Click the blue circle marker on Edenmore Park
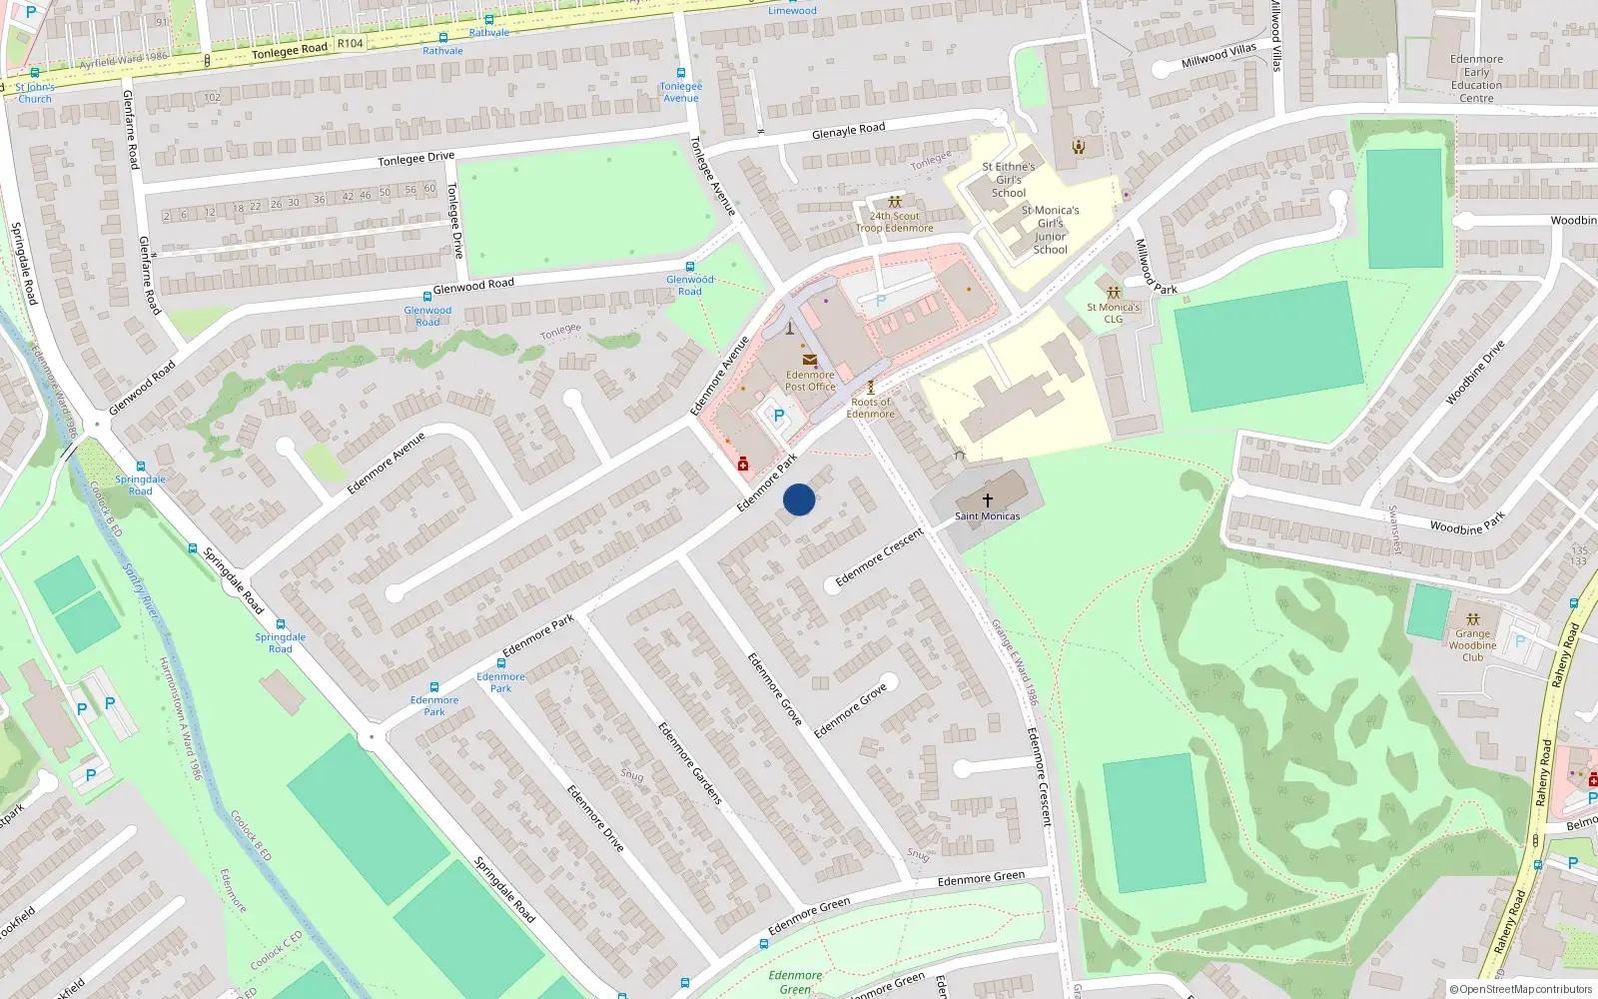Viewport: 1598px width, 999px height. point(799,499)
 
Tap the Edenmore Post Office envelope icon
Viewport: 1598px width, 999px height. point(810,360)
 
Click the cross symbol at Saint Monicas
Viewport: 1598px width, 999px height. point(988,499)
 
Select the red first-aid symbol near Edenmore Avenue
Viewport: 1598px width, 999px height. point(743,465)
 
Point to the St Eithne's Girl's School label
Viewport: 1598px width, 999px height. point(1009,180)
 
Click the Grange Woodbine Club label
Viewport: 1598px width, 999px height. point(1472,645)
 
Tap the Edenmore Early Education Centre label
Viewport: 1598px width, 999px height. point(1476,79)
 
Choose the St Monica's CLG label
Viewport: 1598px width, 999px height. point(1113,314)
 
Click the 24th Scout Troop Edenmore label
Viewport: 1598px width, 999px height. point(895,222)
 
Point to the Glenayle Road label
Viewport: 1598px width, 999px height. point(848,131)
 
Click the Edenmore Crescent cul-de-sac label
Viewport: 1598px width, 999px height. point(879,557)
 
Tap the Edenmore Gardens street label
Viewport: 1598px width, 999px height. point(689,762)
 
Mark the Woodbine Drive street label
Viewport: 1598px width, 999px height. point(1475,373)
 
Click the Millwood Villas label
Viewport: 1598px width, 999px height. point(1218,56)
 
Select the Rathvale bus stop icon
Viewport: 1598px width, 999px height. point(442,39)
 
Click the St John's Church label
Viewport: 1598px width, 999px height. point(34,93)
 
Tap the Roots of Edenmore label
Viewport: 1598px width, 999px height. point(871,408)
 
